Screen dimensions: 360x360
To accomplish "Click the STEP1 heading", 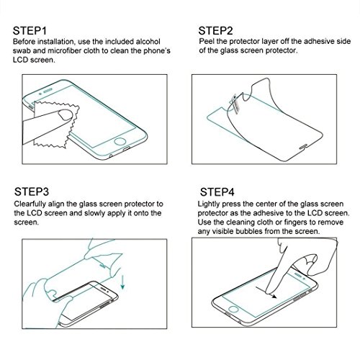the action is tap(30, 31).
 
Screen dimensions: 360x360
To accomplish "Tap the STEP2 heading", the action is tap(215, 31).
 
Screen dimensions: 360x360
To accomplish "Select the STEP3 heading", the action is tap(32, 192).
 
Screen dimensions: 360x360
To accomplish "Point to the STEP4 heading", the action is tap(217, 192).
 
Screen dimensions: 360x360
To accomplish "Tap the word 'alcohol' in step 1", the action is tap(148, 42).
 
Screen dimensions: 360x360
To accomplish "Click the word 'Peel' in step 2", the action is tap(207, 41).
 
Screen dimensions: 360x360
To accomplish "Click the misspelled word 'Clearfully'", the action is tap(30, 204).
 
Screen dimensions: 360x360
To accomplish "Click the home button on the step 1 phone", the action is tap(120, 141).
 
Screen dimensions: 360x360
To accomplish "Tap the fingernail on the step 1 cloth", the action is tap(66, 114).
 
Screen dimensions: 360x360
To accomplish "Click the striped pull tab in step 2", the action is tap(235, 103).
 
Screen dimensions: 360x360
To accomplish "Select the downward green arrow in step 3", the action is tap(122, 282).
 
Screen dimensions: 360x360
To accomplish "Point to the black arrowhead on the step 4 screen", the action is tap(274, 297).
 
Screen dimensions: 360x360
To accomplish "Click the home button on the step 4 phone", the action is tap(233, 309).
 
